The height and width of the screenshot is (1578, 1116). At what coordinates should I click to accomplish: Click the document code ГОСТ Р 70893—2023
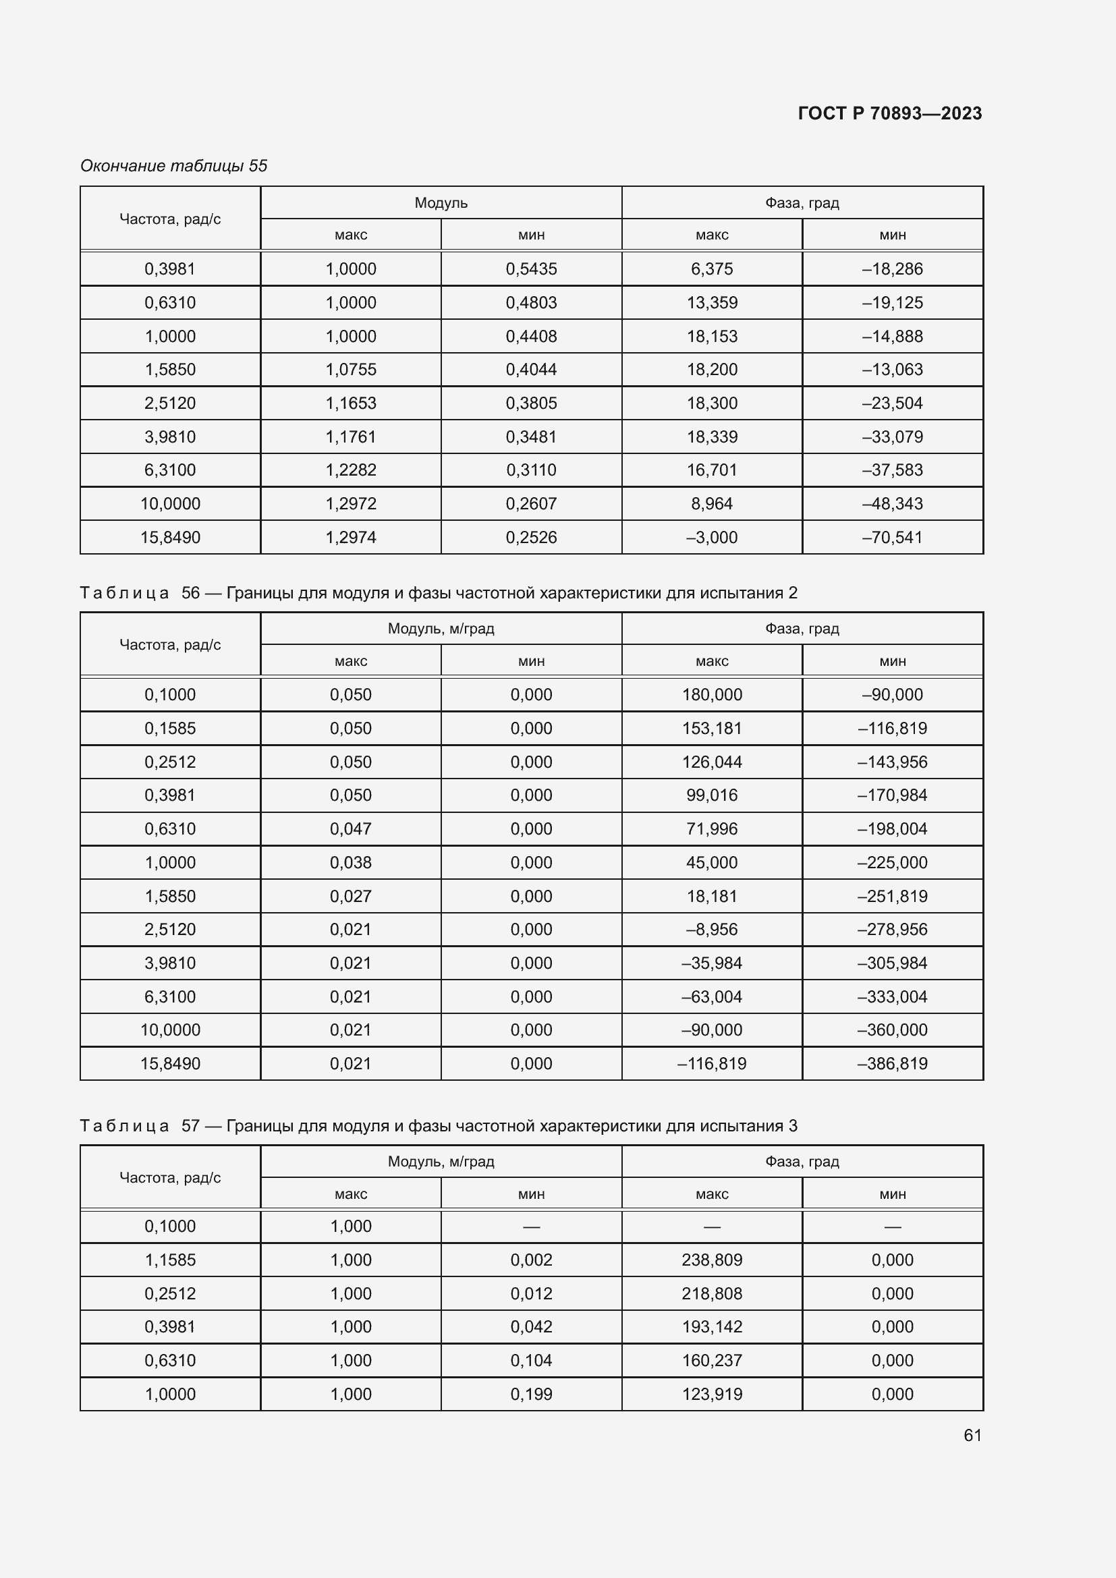point(889,113)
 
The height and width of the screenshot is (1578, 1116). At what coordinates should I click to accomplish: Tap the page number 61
point(972,1435)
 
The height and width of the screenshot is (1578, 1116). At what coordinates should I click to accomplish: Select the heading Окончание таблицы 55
point(173,166)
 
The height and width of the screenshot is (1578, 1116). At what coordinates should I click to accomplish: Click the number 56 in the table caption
point(190,592)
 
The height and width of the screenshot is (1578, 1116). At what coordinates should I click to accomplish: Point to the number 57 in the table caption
point(190,1126)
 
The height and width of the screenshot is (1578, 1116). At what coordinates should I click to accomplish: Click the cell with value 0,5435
point(531,269)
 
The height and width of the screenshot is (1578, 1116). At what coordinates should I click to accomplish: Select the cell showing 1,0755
point(350,369)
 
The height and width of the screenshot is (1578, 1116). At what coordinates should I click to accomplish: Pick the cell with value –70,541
point(892,538)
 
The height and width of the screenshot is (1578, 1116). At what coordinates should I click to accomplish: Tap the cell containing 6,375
point(711,269)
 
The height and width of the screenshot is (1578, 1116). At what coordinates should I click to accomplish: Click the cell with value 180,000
point(711,694)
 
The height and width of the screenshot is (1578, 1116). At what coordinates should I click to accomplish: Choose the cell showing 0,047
point(350,829)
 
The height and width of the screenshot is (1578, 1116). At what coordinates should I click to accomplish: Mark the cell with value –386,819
point(892,1063)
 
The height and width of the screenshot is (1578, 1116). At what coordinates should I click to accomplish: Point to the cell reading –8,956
point(711,929)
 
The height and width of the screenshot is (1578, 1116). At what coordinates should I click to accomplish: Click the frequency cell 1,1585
point(170,1260)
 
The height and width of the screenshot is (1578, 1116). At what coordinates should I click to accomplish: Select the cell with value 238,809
point(711,1260)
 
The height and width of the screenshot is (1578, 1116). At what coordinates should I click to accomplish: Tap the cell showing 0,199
point(531,1394)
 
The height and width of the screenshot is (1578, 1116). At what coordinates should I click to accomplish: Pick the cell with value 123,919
point(711,1394)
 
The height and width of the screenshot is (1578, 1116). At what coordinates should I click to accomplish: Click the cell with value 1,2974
point(350,538)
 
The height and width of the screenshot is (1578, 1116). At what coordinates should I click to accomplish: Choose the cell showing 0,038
point(350,863)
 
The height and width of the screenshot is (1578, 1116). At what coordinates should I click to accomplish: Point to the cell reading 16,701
point(711,470)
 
